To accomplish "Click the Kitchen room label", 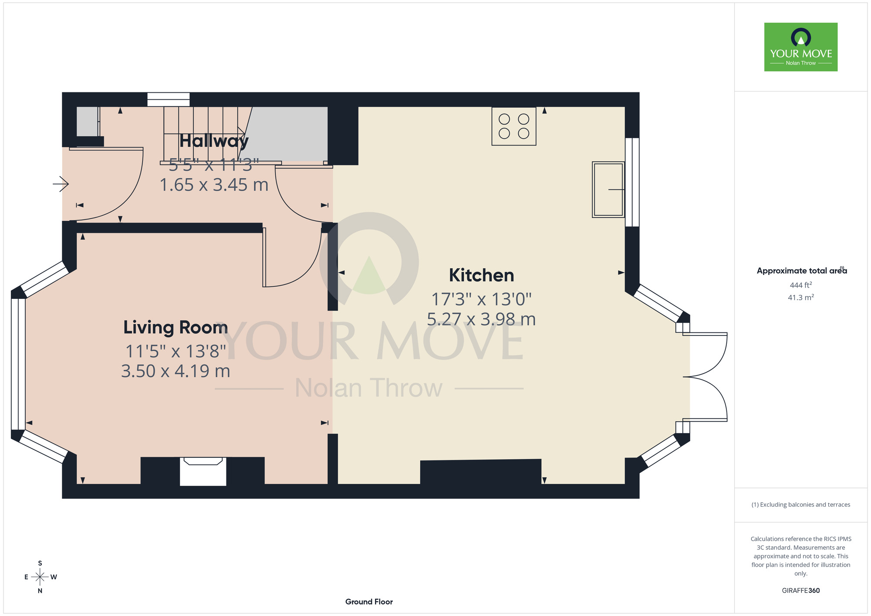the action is click(x=481, y=275).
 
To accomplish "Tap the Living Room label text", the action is click(x=176, y=328).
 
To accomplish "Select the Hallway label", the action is click(x=214, y=141).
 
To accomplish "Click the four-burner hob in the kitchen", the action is click(x=514, y=126).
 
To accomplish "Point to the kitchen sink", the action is click(x=608, y=190).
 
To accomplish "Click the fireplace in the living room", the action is click(x=203, y=471).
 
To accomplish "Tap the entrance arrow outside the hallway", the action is click(x=61, y=184).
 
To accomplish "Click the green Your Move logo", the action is click(x=801, y=47).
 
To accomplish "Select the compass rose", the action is click(x=40, y=577).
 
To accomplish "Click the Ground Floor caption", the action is click(x=369, y=602).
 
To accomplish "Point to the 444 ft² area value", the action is click(x=801, y=285).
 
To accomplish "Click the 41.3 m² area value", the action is click(x=801, y=298).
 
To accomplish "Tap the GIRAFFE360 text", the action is click(x=801, y=591).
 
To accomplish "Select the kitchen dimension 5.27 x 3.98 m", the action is click(x=481, y=319).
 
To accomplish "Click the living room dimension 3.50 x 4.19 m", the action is click(x=176, y=371).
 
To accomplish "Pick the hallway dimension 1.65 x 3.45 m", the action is click(x=214, y=185).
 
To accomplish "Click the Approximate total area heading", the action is click(x=802, y=271).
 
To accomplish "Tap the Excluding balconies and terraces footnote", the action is click(x=801, y=504).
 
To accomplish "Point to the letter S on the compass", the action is click(x=40, y=563).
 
